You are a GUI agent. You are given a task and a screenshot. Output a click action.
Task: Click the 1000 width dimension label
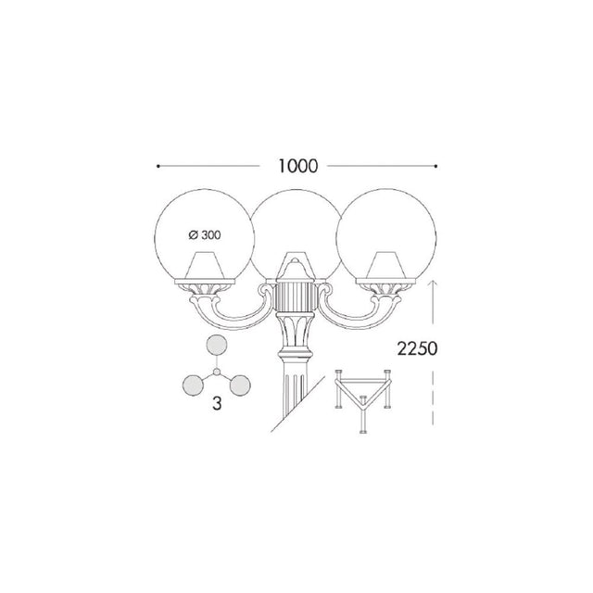point(298,167)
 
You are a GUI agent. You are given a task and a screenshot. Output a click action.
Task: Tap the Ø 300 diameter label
point(205,235)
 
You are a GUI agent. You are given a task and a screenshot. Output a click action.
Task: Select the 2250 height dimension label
point(417,348)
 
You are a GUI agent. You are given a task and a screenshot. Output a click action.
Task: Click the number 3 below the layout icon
point(217,404)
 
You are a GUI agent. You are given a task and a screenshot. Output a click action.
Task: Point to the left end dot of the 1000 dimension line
point(158,166)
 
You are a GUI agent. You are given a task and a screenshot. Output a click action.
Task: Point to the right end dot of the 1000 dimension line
point(436,166)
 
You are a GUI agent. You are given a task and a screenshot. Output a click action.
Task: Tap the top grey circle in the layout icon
point(216,346)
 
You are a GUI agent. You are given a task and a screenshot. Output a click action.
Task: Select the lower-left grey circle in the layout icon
point(193,385)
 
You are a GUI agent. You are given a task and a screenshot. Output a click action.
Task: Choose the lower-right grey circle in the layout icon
point(240,385)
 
